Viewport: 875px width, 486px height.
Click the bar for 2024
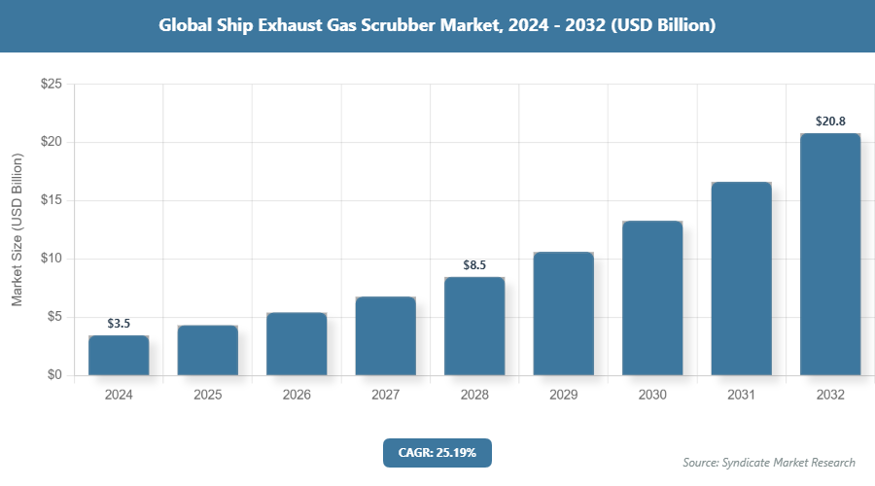[x=119, y=356]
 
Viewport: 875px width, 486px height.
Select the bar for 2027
[x=385, y=336]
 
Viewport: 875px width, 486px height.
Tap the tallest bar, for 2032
[x=830, y=255]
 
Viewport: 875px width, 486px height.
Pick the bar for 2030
[x=652, y=298]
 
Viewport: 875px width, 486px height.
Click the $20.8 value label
[x=830, y=121]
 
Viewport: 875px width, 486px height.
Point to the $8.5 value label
[x=474, y=264]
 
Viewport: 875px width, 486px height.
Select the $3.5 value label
[x=119, y=323]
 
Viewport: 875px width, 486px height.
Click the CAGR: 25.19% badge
[x=437, y=452]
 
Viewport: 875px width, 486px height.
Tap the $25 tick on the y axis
[x=51, y=85]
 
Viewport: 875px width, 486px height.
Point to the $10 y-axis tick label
[x=51, y=259]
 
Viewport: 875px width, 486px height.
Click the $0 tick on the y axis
[x=54, y=375]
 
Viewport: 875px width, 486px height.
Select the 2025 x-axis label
[x=207, y=396]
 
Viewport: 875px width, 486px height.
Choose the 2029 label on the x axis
[x=563, y=396]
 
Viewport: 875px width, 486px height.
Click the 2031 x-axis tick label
[x=741, y=396]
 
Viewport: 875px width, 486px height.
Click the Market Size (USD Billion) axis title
[x=17, y=229]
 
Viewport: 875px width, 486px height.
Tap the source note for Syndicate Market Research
[x=769, y=462]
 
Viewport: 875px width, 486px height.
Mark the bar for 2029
[x=563, y=314]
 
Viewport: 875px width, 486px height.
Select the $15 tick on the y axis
[x=51, y=200]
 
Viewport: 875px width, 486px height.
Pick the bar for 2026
[x=297, y=344]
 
